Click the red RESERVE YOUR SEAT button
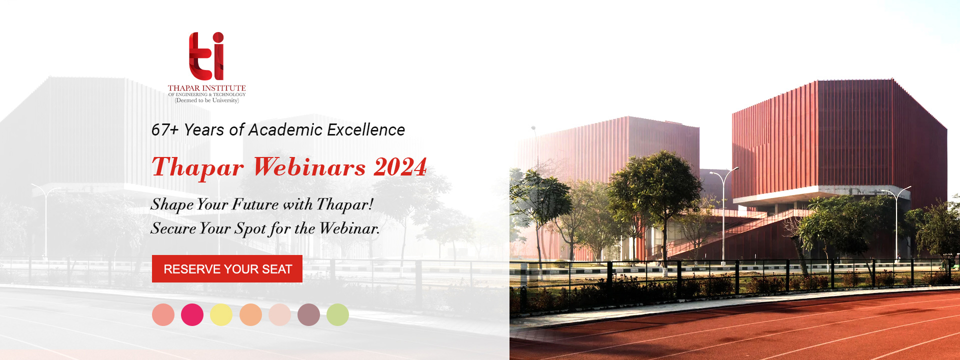click(227, 268)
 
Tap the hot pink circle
click(192, 315)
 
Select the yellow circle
click(221, 315)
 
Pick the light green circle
click(337, 315)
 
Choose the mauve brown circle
click(308, 315)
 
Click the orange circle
click(250, 315)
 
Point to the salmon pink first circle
click(163, 315)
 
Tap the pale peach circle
click(279, 315)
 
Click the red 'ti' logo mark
click(206, 56)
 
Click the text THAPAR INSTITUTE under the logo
click(206, 88)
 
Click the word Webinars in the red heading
click(309, 167)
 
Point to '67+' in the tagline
click(165, 130)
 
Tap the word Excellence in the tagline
click(366, 130)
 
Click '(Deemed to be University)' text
click(206, 100)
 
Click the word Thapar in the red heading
click(198, 168)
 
